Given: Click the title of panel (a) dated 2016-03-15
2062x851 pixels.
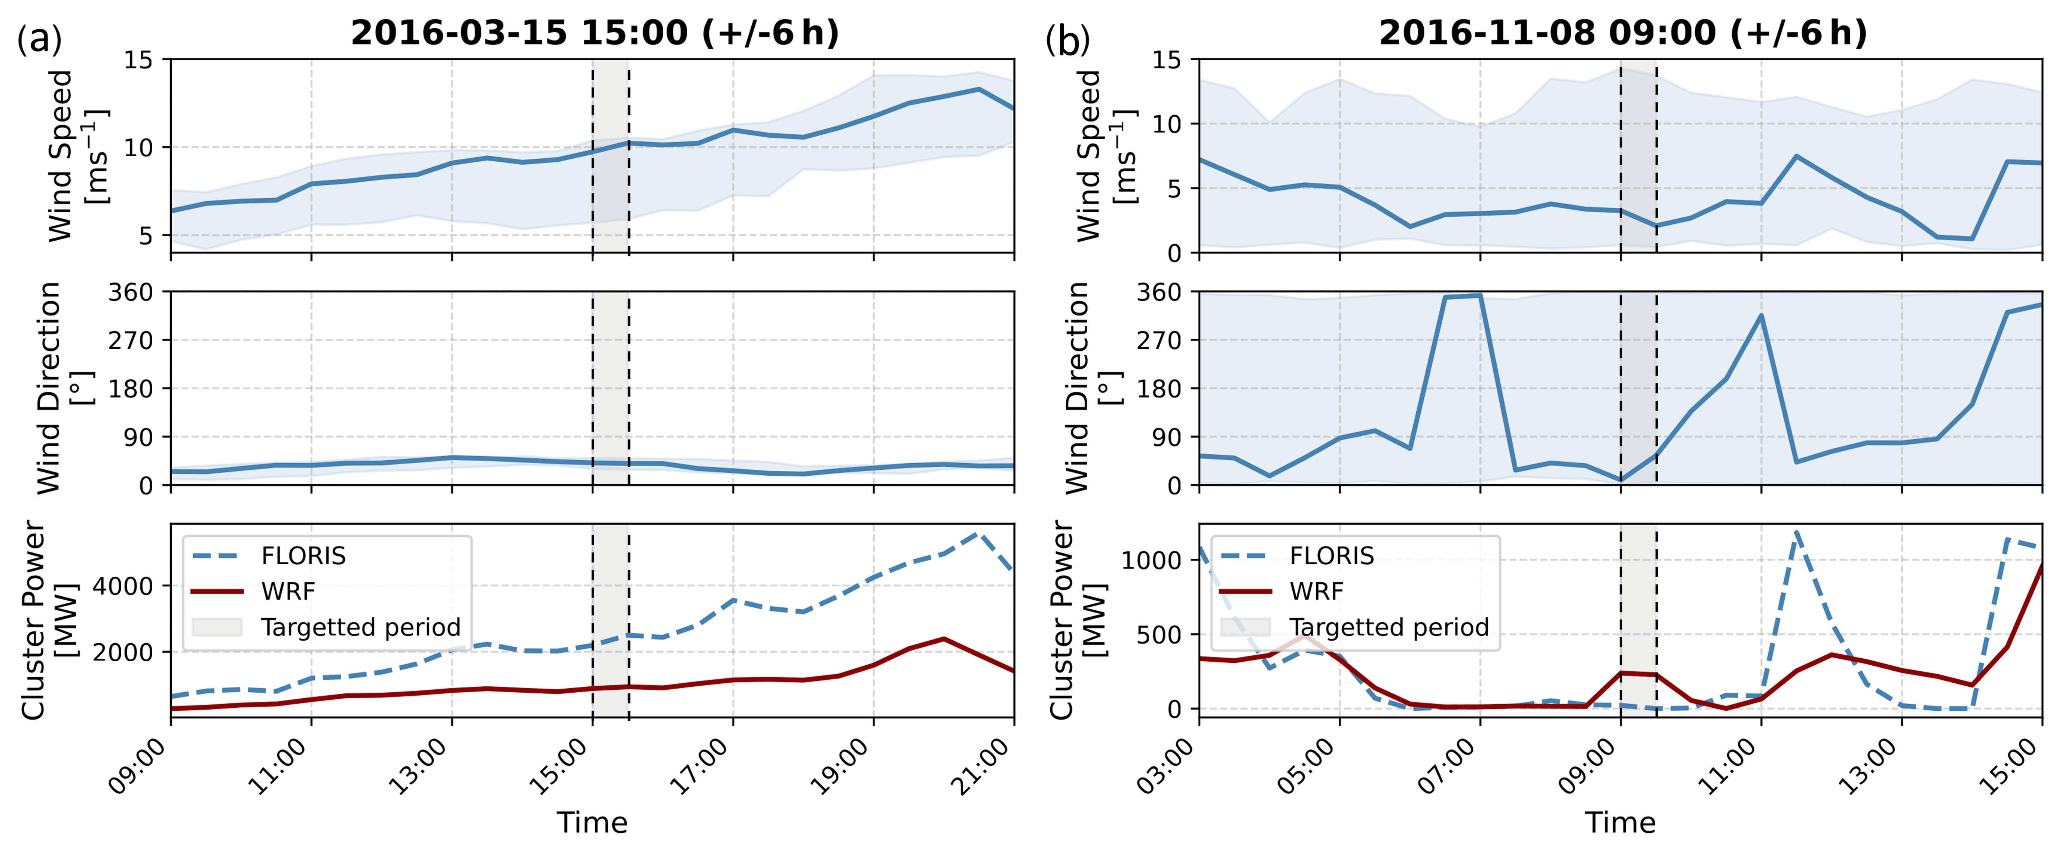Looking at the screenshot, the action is tap(595, 33).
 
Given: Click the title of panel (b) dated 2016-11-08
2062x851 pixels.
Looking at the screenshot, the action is tap(1622, 33).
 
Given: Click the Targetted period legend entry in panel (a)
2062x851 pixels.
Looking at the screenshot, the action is tap(327, 627).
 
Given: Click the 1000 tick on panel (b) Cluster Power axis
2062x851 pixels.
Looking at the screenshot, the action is tap(1151, 560).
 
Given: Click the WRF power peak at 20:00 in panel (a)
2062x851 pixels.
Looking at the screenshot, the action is tap(944, 639).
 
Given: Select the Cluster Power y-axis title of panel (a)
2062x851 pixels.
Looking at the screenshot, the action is tap(48, 620).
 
